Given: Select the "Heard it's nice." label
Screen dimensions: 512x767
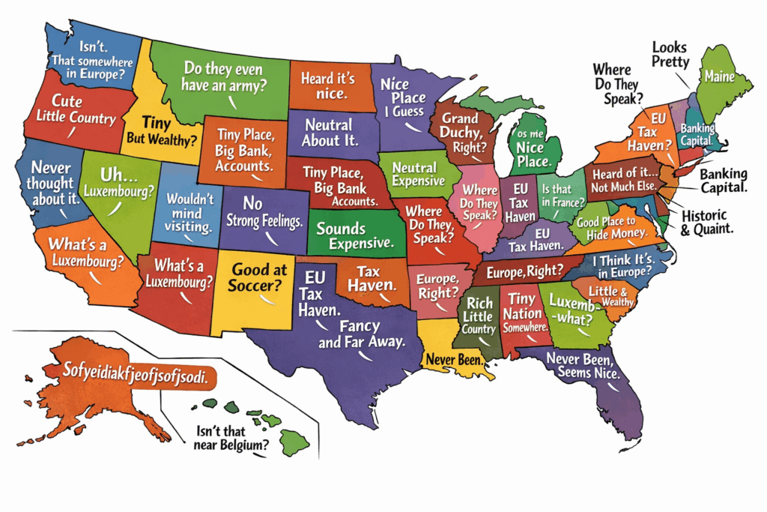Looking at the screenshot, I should (327, 86).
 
